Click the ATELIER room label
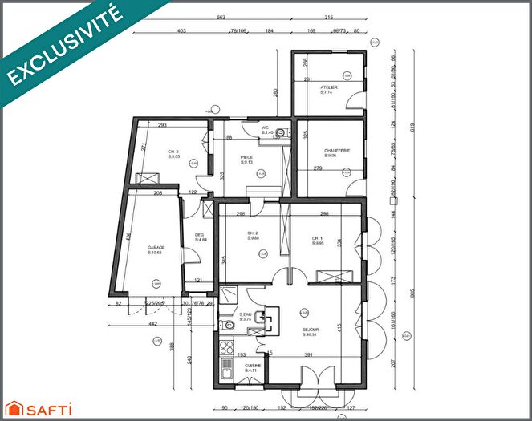(x=329, y=87)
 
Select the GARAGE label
(x=156, y=249)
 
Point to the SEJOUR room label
(x=311, y=330)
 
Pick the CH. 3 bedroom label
(x=173, y=152)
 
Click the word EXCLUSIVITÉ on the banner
(x=66, y=46)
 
